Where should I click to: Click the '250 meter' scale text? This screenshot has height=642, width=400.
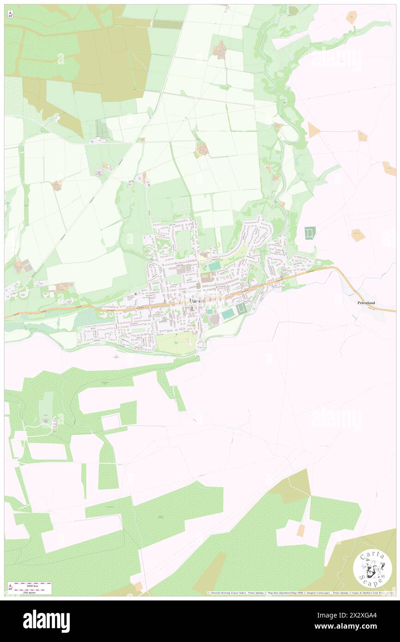pyautogui.click(x=31, y=592)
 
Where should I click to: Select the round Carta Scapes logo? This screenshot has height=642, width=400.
pyautogui.click(x=372, y=569)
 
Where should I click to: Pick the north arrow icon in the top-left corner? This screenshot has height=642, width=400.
pyautogui.click(x=10, y=15)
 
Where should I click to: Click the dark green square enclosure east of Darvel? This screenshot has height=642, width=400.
pyautogui.click(x=309, y=233)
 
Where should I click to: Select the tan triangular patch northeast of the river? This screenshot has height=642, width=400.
pyautogui.click(x=314, y=130)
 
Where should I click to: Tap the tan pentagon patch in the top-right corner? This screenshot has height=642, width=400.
pyautogui.click(x=352, y=18)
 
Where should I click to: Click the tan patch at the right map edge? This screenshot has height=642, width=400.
pyautogui.click(x=389, y=168)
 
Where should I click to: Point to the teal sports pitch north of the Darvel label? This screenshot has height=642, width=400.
pyautogui.click(x=214, y=266)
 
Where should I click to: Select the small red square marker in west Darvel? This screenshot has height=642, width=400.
pyautogui.click(x=135, y=294)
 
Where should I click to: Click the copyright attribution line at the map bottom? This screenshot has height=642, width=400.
pyautogui.click(x=300, y=593)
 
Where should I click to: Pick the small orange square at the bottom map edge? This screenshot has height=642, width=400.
pyautogui.click(x=139, y=586)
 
